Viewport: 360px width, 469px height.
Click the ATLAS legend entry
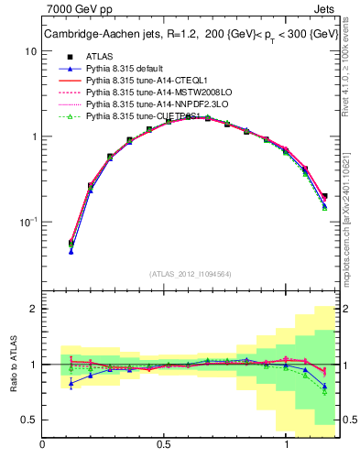pos(101,57)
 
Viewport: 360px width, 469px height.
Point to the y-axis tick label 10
pos(31,51)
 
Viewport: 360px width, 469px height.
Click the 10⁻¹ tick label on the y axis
pos(29,223)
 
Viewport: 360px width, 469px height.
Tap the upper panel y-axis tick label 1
pos(34,137)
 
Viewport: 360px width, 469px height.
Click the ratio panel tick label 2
pos(34,310)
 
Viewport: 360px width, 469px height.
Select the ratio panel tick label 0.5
pos(29,420)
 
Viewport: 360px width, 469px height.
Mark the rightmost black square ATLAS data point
pos(324,195)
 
